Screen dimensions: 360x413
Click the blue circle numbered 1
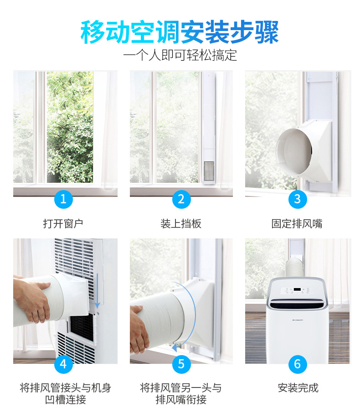(x=63, y=199)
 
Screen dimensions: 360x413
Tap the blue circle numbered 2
(x=181, y=199)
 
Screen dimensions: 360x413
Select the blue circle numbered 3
(x=298, y=199)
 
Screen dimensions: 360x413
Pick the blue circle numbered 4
(x=63, y=364)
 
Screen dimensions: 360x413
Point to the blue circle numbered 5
(x=181, y=364)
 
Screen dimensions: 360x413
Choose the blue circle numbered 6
(x=298, y=364)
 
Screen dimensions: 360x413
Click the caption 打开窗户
(x=63, y=224)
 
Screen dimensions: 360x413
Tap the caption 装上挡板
(x=181, y=224)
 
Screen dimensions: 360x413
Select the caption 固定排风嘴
(x=297, y=224)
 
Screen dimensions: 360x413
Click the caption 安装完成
(x=298, y=388)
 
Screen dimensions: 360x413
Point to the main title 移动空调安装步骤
(x=180, y=32)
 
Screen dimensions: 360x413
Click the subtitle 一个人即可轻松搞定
(x=180, y=55)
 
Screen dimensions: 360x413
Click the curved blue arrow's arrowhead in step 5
(x=175, y=348)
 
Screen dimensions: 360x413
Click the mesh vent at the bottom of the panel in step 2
(x=209, y=171)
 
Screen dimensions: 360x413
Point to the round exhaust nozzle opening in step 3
(x=293, y=152)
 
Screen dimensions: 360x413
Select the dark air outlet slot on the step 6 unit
(x=297, y=305)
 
